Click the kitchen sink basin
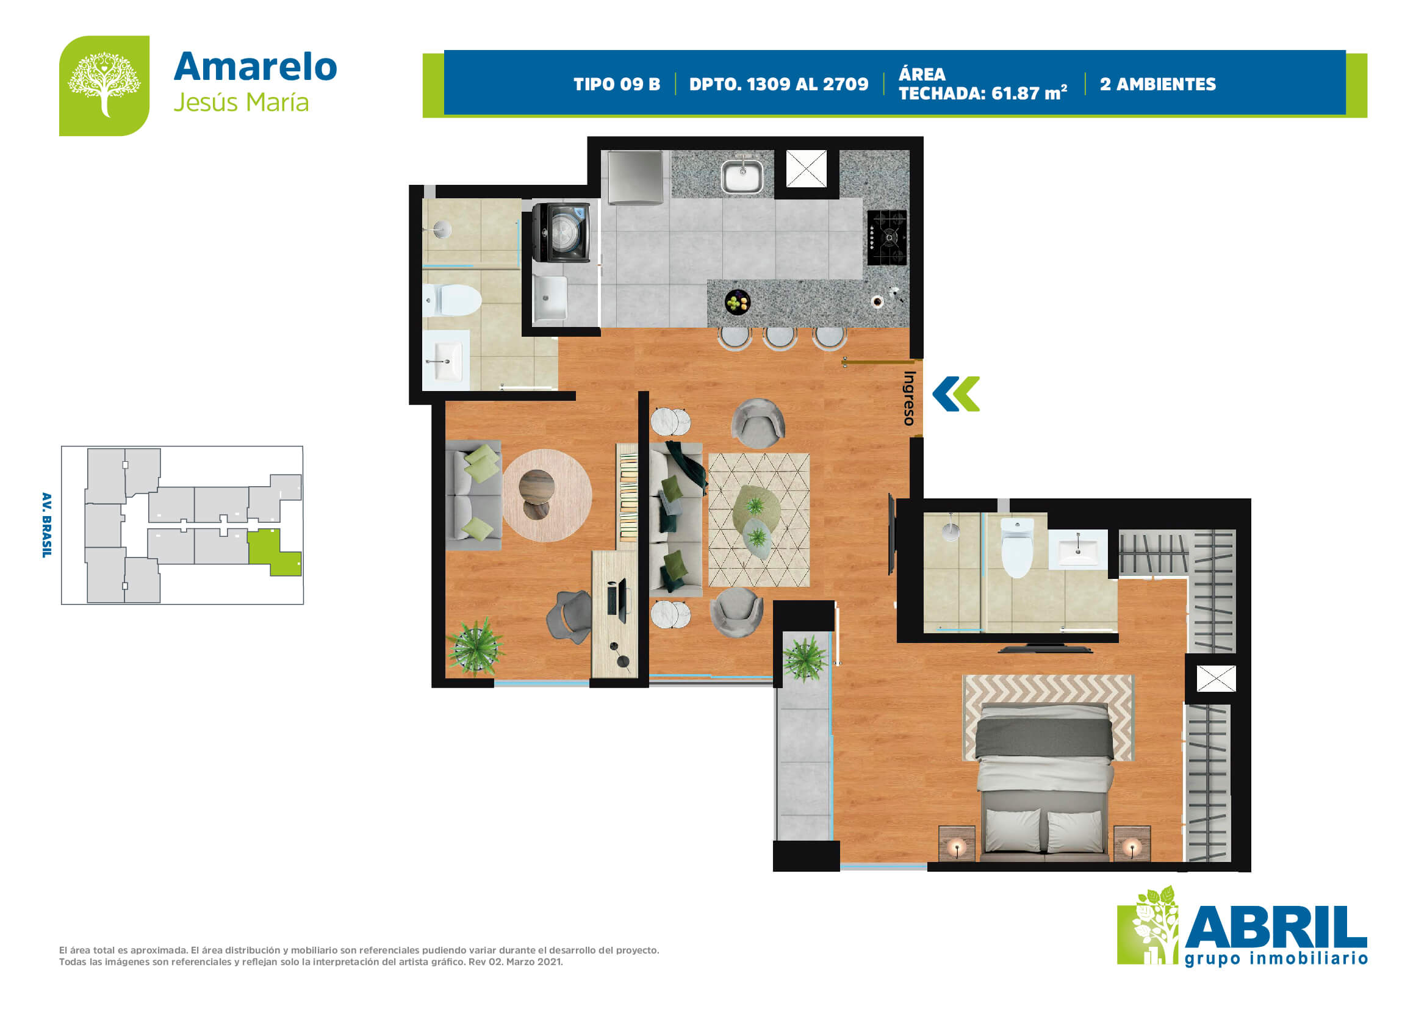[x=741, y=176]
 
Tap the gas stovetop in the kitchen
[x=887, y=237]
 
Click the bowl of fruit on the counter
[x=738, y=303]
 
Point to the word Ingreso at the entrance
[x=909, y=398]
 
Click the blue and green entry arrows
[x=956, y=394]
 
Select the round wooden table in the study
[x=547, y=495]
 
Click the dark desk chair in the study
[x=570, y=616]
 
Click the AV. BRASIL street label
[x=46, y=525]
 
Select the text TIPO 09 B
[x=617, y=85]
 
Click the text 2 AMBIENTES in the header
[x=1158, y=85]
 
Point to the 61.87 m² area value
[x=1029, y=93]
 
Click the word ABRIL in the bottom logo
[x=1276, y=928]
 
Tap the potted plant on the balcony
[x=805, y=659]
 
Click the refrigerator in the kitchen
[x=634, y=177]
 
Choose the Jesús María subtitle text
[x=241, y=102]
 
